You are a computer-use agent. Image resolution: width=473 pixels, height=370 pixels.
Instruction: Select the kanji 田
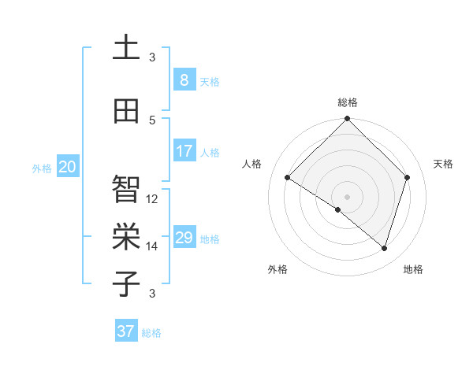(x=126, y=112)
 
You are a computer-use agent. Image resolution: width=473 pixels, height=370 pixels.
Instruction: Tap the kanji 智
(x=126, y=188)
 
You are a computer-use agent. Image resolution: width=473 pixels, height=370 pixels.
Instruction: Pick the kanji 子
(x=126, y=283)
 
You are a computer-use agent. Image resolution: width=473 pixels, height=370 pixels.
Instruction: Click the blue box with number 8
(x=184, y=80)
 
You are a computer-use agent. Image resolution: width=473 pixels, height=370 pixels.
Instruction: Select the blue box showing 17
(x=184, y=151)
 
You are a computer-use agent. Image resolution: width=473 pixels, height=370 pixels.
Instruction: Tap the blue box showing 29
(x=184, y=238)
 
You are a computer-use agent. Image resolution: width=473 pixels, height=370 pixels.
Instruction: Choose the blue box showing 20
(x=67, y=167)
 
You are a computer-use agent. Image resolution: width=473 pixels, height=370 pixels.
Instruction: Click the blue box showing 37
(x=125, y=331)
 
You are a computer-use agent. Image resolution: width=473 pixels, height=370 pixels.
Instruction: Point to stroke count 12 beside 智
(x=152, y=199)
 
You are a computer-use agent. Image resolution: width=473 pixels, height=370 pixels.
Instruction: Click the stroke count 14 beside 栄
(x=152, y=246)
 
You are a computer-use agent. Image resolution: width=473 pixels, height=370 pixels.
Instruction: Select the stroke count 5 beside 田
(x=152, y=120)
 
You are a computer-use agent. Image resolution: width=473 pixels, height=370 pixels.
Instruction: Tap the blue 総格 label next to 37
(x=151, y=333)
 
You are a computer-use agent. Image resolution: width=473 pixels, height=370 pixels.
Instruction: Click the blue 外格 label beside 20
(x=42, y=168)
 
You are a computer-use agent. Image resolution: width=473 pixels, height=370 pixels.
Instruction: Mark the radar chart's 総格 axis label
(x=347, y=102)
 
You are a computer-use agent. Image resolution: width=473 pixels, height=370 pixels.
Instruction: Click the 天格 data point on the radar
(x=408, y=177)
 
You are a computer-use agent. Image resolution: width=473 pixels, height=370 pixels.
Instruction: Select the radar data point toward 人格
(x=288, y=178)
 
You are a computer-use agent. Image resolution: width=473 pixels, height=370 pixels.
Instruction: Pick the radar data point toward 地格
(x=384, y=248)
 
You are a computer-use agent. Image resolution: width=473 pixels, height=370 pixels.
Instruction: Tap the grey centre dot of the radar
(x=347, y=196)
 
